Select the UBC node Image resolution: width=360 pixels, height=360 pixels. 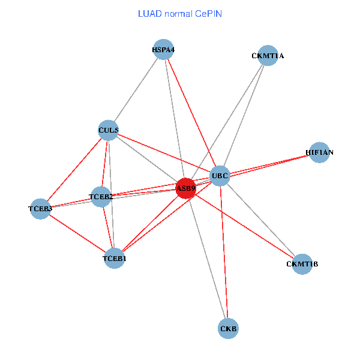[220, 176]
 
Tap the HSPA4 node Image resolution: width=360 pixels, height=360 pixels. [163, 49]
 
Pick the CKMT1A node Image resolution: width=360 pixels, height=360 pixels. [268, 56]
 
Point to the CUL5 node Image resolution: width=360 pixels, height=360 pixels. [109, 130]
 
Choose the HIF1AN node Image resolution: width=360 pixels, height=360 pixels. [319, 152]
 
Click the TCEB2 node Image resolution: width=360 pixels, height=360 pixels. [101, 196]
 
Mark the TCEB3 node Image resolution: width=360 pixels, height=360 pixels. [40, 209]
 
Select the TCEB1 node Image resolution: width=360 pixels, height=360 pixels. [115, 259]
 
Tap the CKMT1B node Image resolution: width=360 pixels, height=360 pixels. [302, 264]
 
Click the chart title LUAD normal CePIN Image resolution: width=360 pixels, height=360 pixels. [180, 13]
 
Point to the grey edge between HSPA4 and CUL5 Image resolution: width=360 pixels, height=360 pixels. [136, 89]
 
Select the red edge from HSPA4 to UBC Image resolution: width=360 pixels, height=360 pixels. [192, 113]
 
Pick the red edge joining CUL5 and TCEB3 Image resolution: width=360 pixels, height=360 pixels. [74, 169]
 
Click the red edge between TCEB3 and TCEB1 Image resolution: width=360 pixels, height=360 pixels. [77, 234]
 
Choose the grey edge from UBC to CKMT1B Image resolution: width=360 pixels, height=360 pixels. [261, 220]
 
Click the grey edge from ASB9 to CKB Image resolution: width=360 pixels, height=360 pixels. [207, 258]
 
